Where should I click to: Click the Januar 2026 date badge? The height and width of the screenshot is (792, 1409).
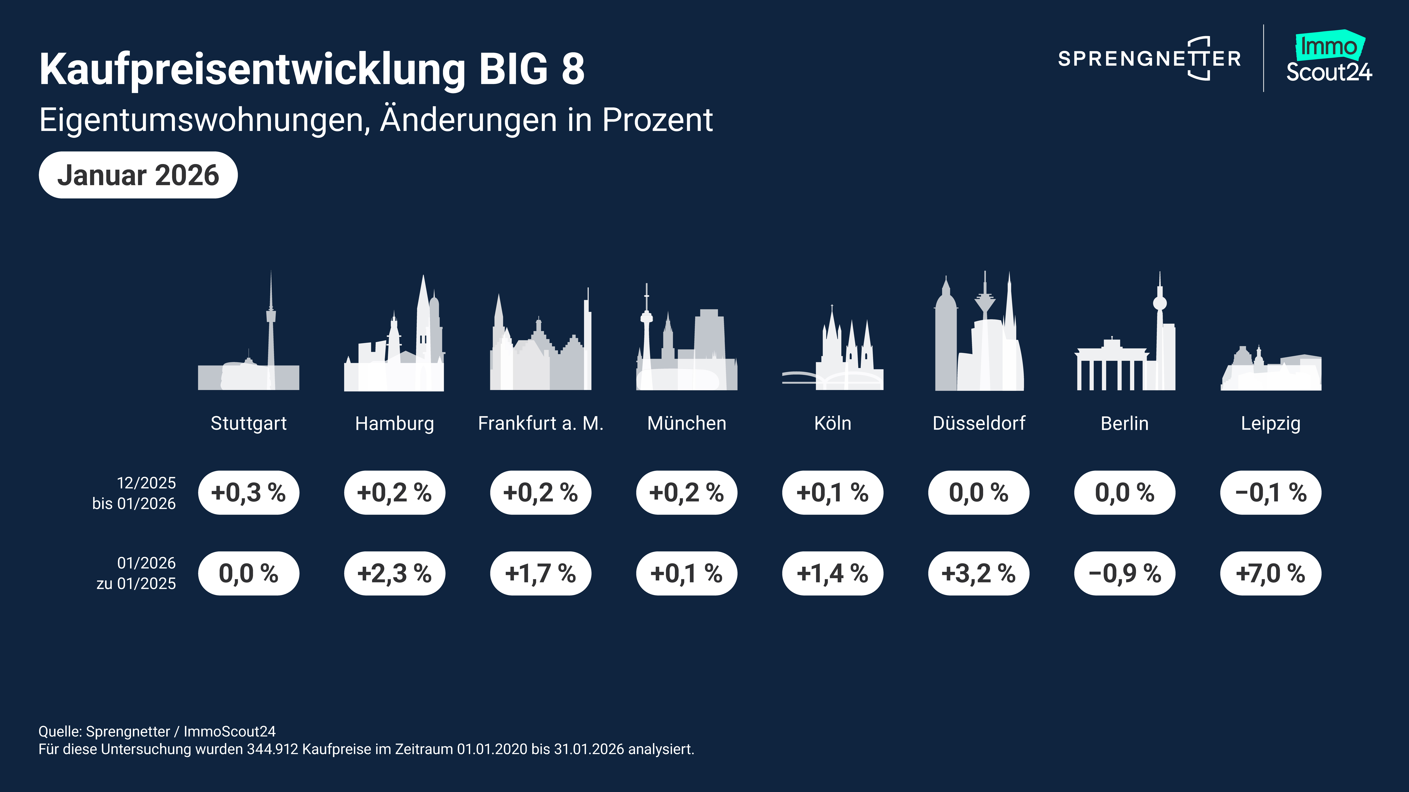[x=138, y=175]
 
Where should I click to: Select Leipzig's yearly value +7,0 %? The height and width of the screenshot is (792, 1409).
[x=1270, y=573]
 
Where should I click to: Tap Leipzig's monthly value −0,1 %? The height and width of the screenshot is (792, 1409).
[x=1270, y=492]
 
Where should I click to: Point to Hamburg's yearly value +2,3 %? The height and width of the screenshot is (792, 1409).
[x=394, y=573]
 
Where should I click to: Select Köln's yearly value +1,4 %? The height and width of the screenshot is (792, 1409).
[x=833, y=573]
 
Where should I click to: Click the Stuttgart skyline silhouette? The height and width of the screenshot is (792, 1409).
[x=249, y=350]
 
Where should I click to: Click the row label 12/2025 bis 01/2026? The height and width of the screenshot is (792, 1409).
[x=134, y=493]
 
